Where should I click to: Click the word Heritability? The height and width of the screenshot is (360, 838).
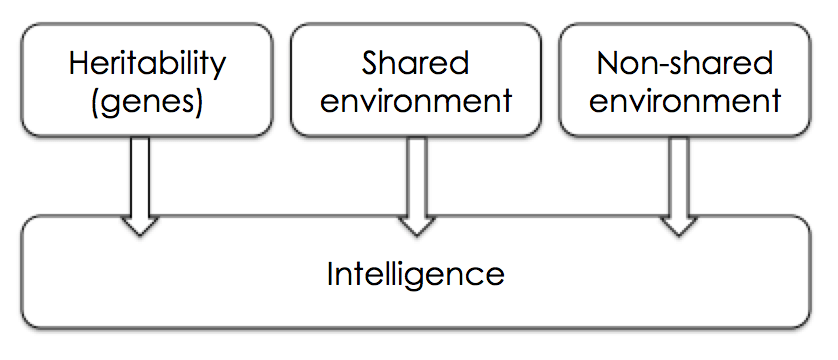coord(147,64)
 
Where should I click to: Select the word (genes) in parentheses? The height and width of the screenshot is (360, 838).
coord(147,101)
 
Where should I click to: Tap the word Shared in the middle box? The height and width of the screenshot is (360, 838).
coord(415,64)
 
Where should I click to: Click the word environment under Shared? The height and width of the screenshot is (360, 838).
coord(415,101)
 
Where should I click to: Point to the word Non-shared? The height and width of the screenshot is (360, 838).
coord(684,64)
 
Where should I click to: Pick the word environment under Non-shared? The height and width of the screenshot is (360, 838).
coord(684,101)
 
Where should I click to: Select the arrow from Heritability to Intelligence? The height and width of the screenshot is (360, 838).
coord(141,180)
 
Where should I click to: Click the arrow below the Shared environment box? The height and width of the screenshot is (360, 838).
coord(415,180)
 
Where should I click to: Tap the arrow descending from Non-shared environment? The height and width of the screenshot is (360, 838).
coord(679,180)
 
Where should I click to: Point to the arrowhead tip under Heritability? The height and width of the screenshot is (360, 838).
coord(141,235)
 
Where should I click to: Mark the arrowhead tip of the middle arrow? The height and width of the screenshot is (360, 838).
coord(415,235)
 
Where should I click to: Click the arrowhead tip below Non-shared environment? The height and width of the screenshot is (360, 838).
coord(679,235)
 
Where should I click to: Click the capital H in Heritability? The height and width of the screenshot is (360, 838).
coord(78,64)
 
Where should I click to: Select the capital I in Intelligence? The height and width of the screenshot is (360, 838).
coord(331,272)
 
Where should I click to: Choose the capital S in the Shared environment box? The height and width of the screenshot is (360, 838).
coord(369,64)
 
